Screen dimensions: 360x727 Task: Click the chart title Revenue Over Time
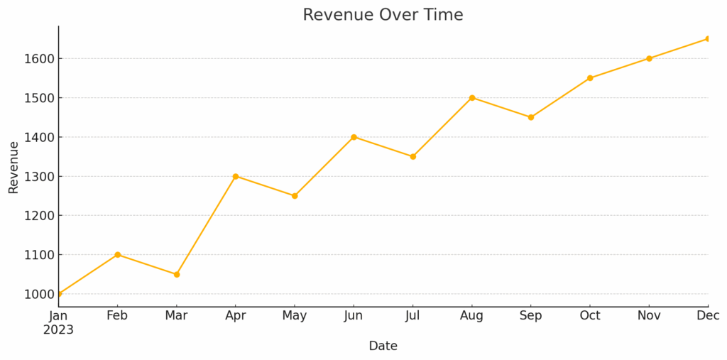[383, 15]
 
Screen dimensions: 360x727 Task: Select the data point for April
[236, 176]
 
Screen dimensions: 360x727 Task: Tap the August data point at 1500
[472, 98]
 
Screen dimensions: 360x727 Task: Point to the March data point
[177, 274]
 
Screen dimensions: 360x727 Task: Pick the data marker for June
[354, 137]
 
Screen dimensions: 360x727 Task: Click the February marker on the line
[118, 254]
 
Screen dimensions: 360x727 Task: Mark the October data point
[590, 78]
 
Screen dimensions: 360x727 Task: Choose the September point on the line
[531, 117]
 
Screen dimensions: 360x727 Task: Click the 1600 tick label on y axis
[39, 59]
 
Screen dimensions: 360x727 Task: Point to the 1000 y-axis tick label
[39, 294]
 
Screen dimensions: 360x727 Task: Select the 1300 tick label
[39, 177]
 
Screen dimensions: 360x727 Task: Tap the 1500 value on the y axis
[39, 98]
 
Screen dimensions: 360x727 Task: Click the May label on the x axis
[295, 316]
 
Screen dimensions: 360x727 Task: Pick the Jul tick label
[412, 316]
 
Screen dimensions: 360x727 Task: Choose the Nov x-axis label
[649, 316]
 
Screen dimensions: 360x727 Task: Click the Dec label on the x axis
[708, 316]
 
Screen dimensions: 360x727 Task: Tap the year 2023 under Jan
[58, 330]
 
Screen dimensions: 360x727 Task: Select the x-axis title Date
[383, 347]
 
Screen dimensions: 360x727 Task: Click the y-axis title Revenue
[13, 167]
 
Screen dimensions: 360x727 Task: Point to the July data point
[412, 156]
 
